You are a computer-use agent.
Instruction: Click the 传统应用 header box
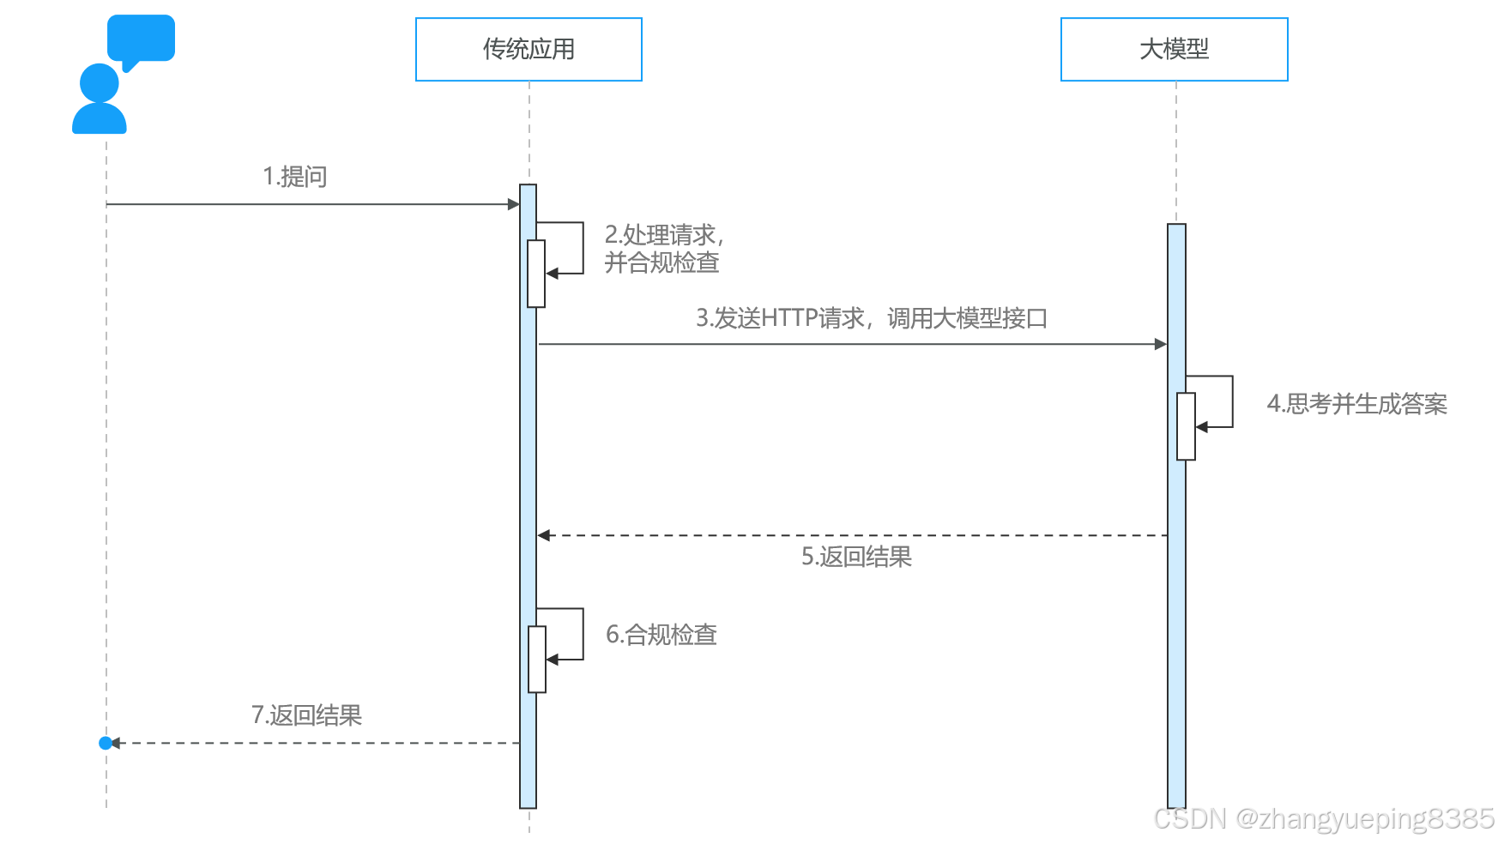click(x=529, y=50)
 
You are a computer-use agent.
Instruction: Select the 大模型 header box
click(x=1174, y=50)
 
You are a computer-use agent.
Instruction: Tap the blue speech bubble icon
click(x=141, y=39)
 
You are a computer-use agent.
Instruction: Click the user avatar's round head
click(x=100, y=83)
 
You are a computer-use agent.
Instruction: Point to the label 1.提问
click(x=295, y=177)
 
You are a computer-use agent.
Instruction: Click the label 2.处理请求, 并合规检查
click(x=662, y=249)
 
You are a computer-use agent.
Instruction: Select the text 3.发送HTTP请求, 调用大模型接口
click(x=871, y=319)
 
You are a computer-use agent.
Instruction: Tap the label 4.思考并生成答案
click(x=1356, y=404)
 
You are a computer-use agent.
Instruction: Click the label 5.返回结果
click(x=856, y=558)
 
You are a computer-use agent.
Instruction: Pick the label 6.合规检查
click(x=661, y=635)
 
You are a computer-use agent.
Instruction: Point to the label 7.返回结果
click(x=306, y=715)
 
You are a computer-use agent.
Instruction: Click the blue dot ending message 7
click(x=106, y=743)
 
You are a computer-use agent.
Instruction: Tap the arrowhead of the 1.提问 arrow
click(x=514, y=204)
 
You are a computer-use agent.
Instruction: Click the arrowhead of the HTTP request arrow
click(x=1161, y=344)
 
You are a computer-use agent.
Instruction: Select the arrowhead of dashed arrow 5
click(x=544, y=535)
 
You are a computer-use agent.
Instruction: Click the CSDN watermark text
click(x=1324, y=819)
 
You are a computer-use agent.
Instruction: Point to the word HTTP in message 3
click(x=789, y=319)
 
